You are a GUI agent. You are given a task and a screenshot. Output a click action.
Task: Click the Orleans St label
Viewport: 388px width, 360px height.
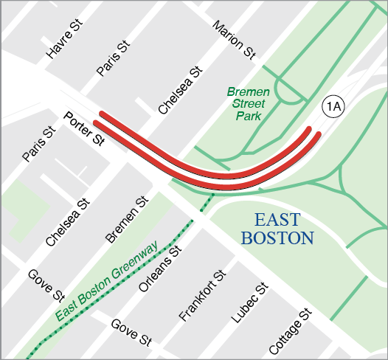click(164, 270)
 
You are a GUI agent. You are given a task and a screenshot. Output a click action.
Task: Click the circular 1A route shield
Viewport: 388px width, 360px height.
click(333, 107)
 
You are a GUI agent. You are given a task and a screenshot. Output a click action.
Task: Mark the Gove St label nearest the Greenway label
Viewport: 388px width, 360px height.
click(45, 286)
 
